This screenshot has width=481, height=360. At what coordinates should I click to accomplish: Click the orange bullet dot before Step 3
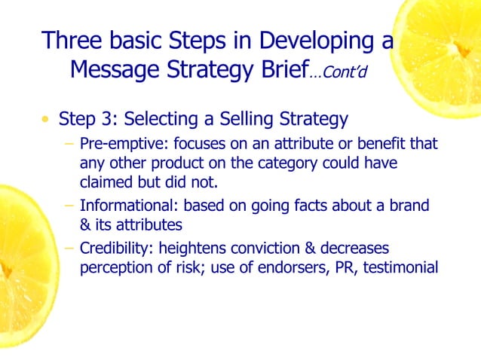(x=47, y=120)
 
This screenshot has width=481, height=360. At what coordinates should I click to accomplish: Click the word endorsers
(x=282, y=267)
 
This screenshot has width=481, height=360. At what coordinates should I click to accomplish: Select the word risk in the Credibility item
(x=195, y=267)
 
